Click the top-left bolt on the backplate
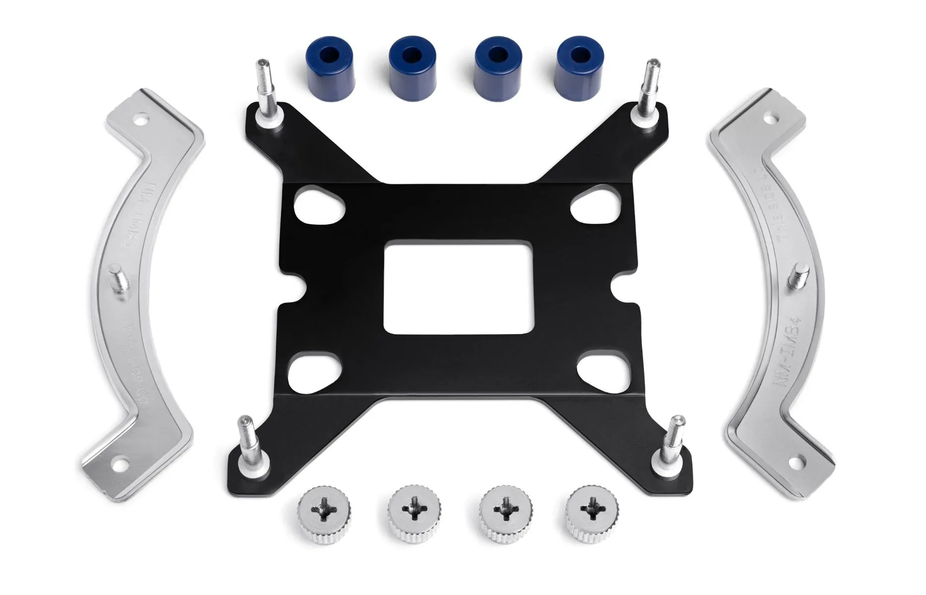[x=264, y=92]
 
